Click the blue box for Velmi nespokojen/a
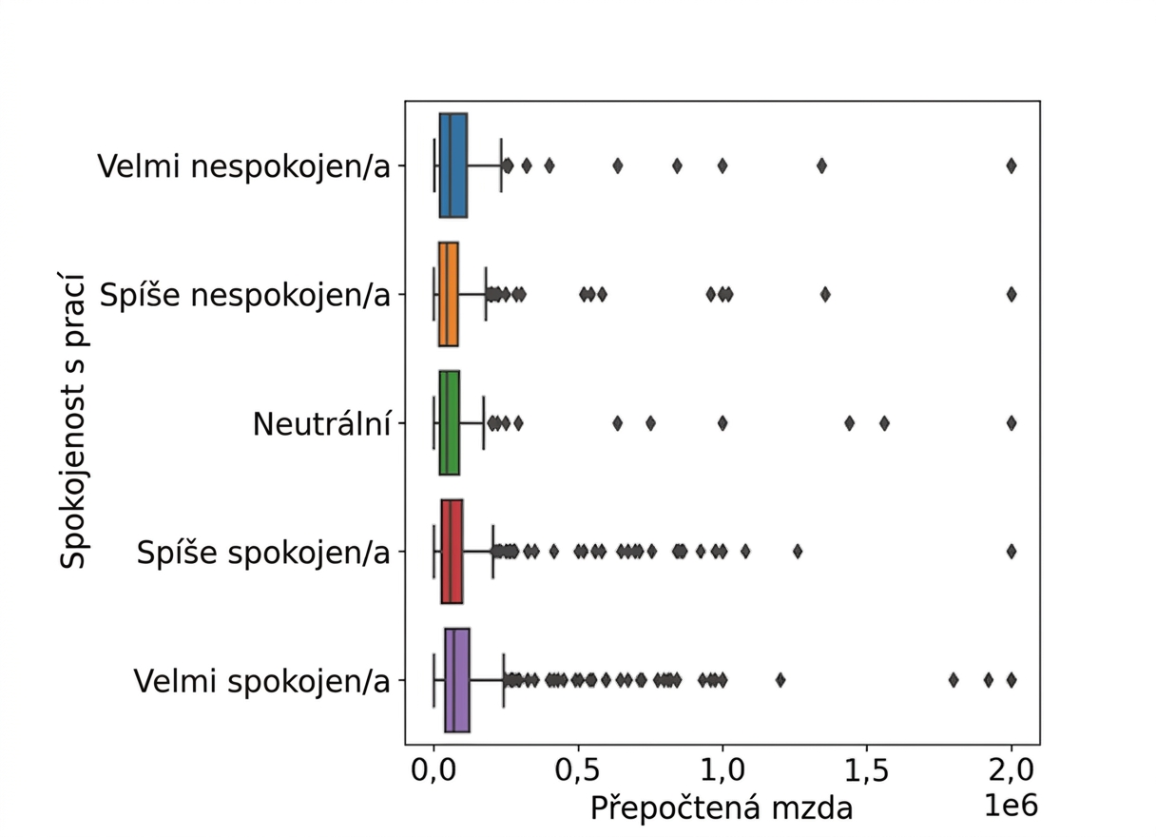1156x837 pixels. (453, 165)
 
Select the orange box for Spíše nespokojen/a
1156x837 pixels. (449, 294)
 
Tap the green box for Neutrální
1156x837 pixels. (450, 423)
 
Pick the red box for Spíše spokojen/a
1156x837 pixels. (453, 552)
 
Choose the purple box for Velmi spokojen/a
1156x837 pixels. (457, 680)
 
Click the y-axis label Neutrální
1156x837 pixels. (321, 424)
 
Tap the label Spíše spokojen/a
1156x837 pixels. (263, 553)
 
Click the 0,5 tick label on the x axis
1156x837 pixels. (578, 771)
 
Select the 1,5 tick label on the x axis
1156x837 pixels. (866, 771)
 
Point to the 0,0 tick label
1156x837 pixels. (433, 771)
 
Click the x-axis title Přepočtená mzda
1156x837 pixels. (722, 808)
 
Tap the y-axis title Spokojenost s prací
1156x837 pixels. (73, 421)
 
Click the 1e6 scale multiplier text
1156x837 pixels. (1011, 806)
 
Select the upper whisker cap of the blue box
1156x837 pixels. (501, 165)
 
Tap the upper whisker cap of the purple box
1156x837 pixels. (504, 680)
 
